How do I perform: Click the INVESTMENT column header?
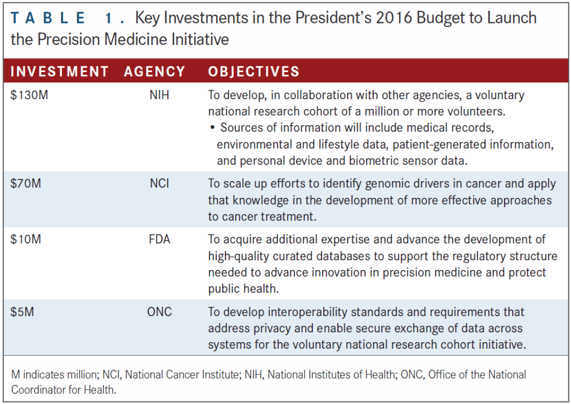[x=59, y=72]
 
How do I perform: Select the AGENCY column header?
[x=154, y=72]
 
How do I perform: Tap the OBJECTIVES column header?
[x=254, y=72]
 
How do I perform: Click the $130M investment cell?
[x=29, y=96]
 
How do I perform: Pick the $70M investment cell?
[x=26, y=183]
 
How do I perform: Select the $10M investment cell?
[x=26, y=239]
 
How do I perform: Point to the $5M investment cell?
[x=22, y=311]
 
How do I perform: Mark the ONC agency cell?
[x=159, y=311]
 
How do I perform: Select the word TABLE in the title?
[x=48, y=18]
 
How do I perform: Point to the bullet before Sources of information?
[x=212, y=127]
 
